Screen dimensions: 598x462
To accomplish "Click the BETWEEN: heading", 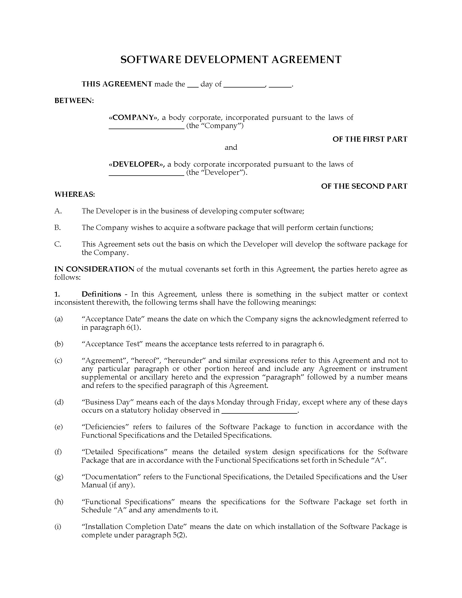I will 74,101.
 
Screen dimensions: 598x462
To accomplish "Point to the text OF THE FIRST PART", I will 370,139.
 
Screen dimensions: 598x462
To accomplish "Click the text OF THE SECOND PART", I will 364,186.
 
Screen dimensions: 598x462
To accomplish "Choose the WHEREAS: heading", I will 74,194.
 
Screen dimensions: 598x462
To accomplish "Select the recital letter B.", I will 57,228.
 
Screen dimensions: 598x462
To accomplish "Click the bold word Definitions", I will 101,294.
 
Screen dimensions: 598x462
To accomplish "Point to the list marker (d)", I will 59,402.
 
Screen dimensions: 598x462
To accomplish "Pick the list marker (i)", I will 58,527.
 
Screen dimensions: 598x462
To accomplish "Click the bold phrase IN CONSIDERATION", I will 94,269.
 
